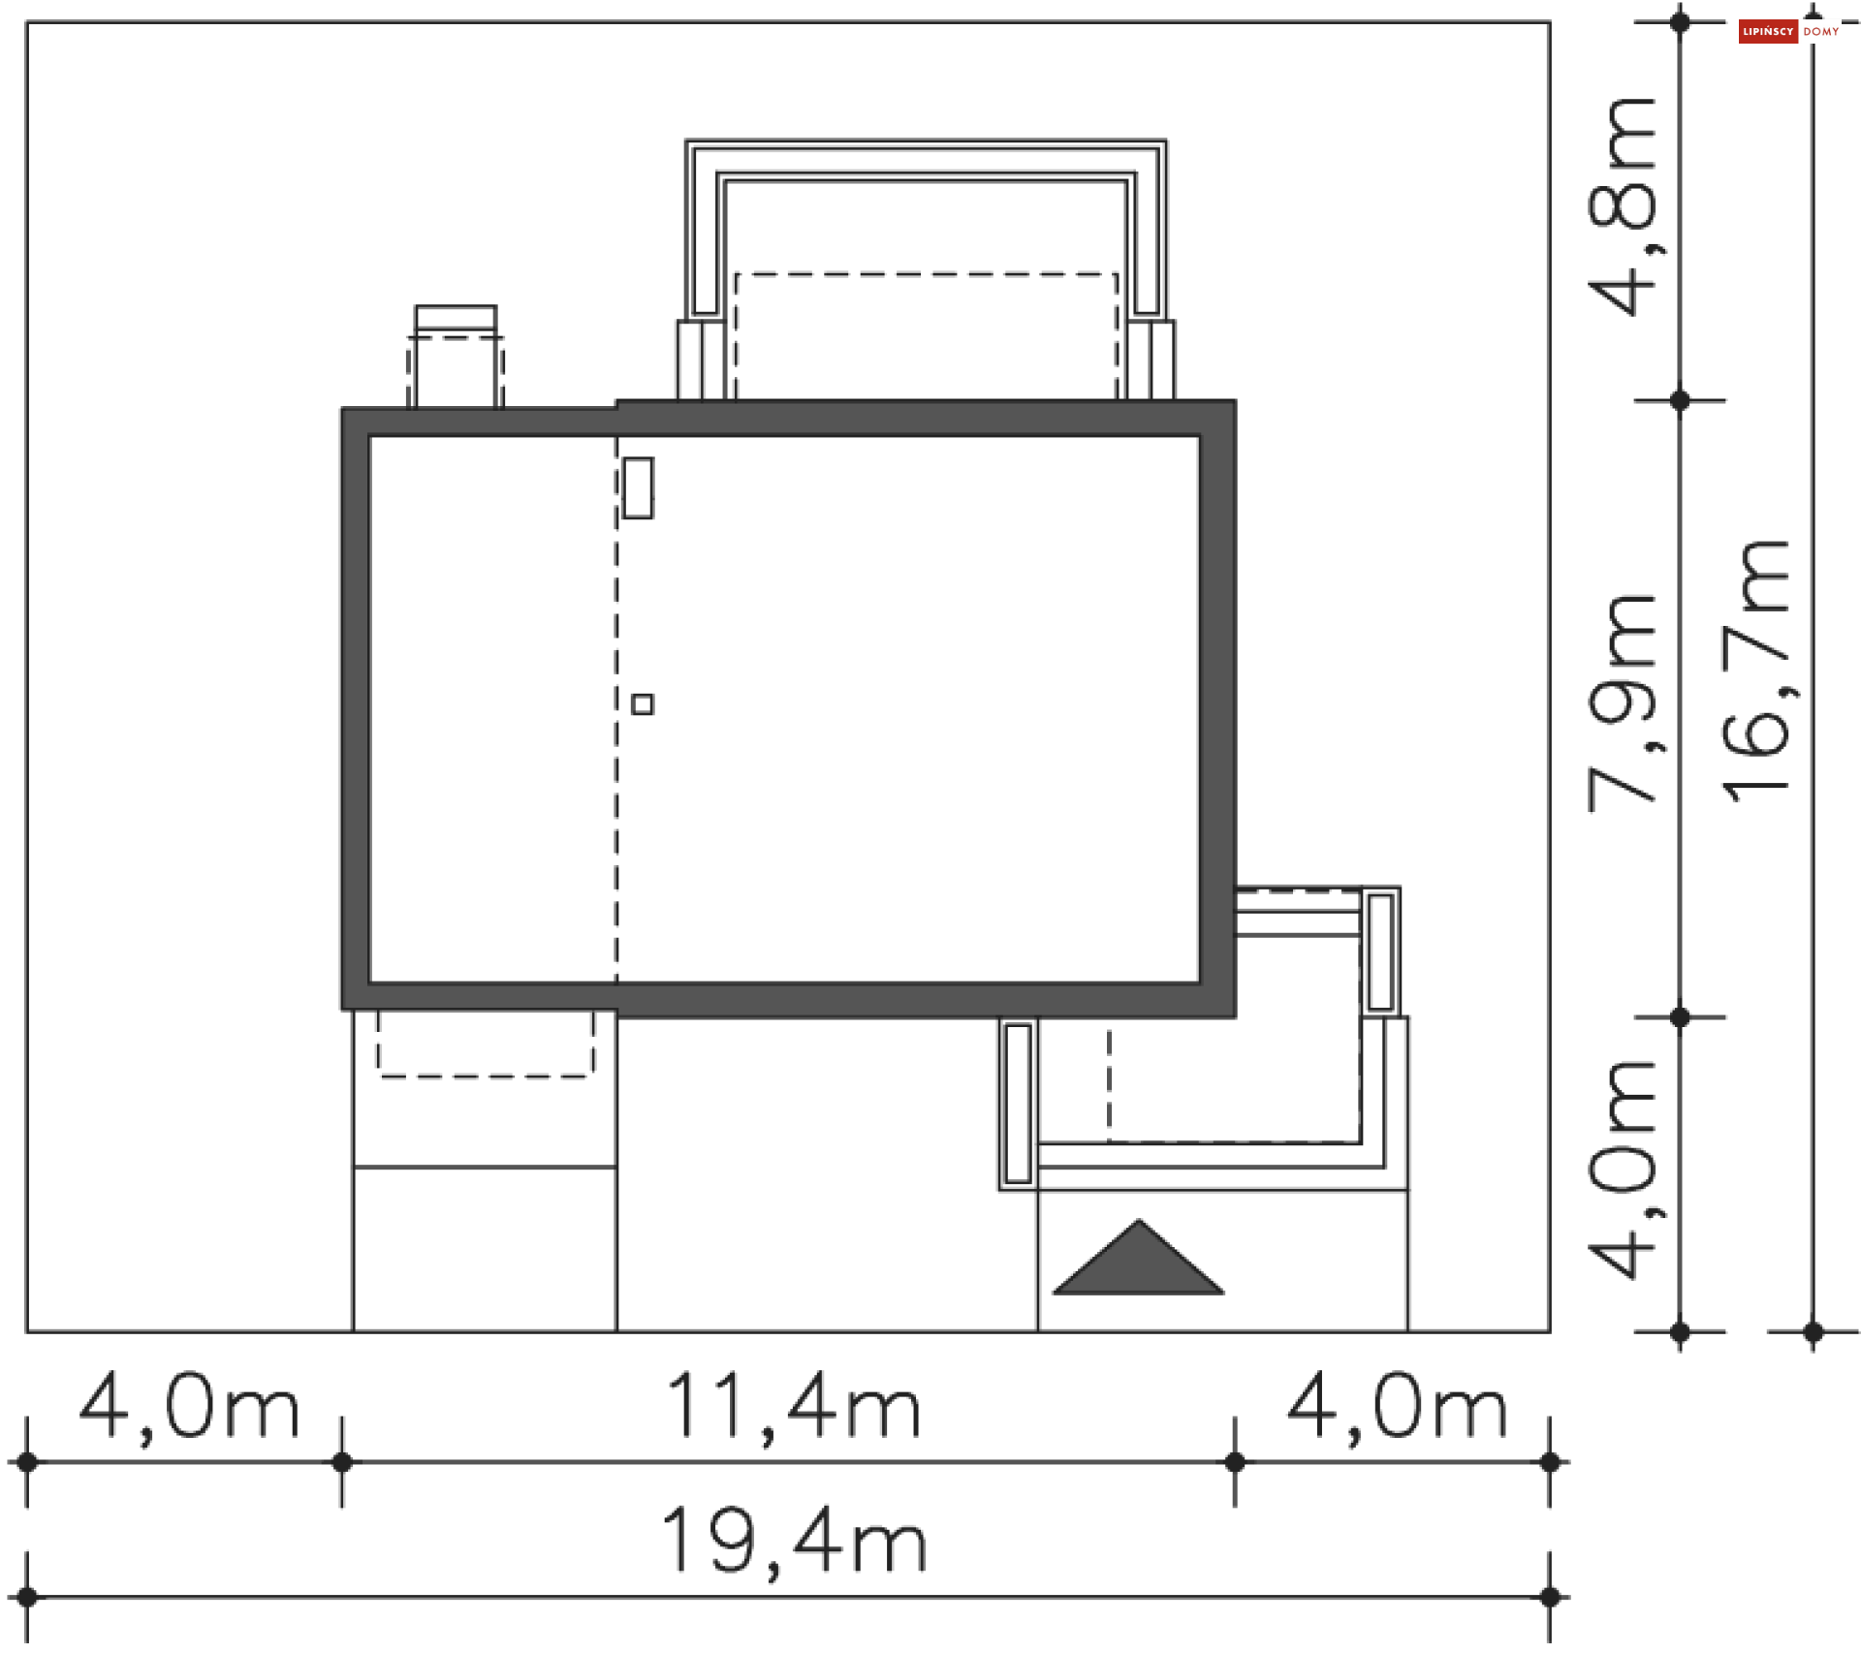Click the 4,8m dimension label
[x=1621, y=206]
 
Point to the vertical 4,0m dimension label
[x=1621, y=1170]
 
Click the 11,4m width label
[x=794, y=1406]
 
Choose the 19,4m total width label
[x=794, y=1541]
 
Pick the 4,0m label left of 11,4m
[x=189, y=1406]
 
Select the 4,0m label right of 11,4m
[x=1397, y=1406]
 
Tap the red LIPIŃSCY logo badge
[x=1768, y=32]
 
